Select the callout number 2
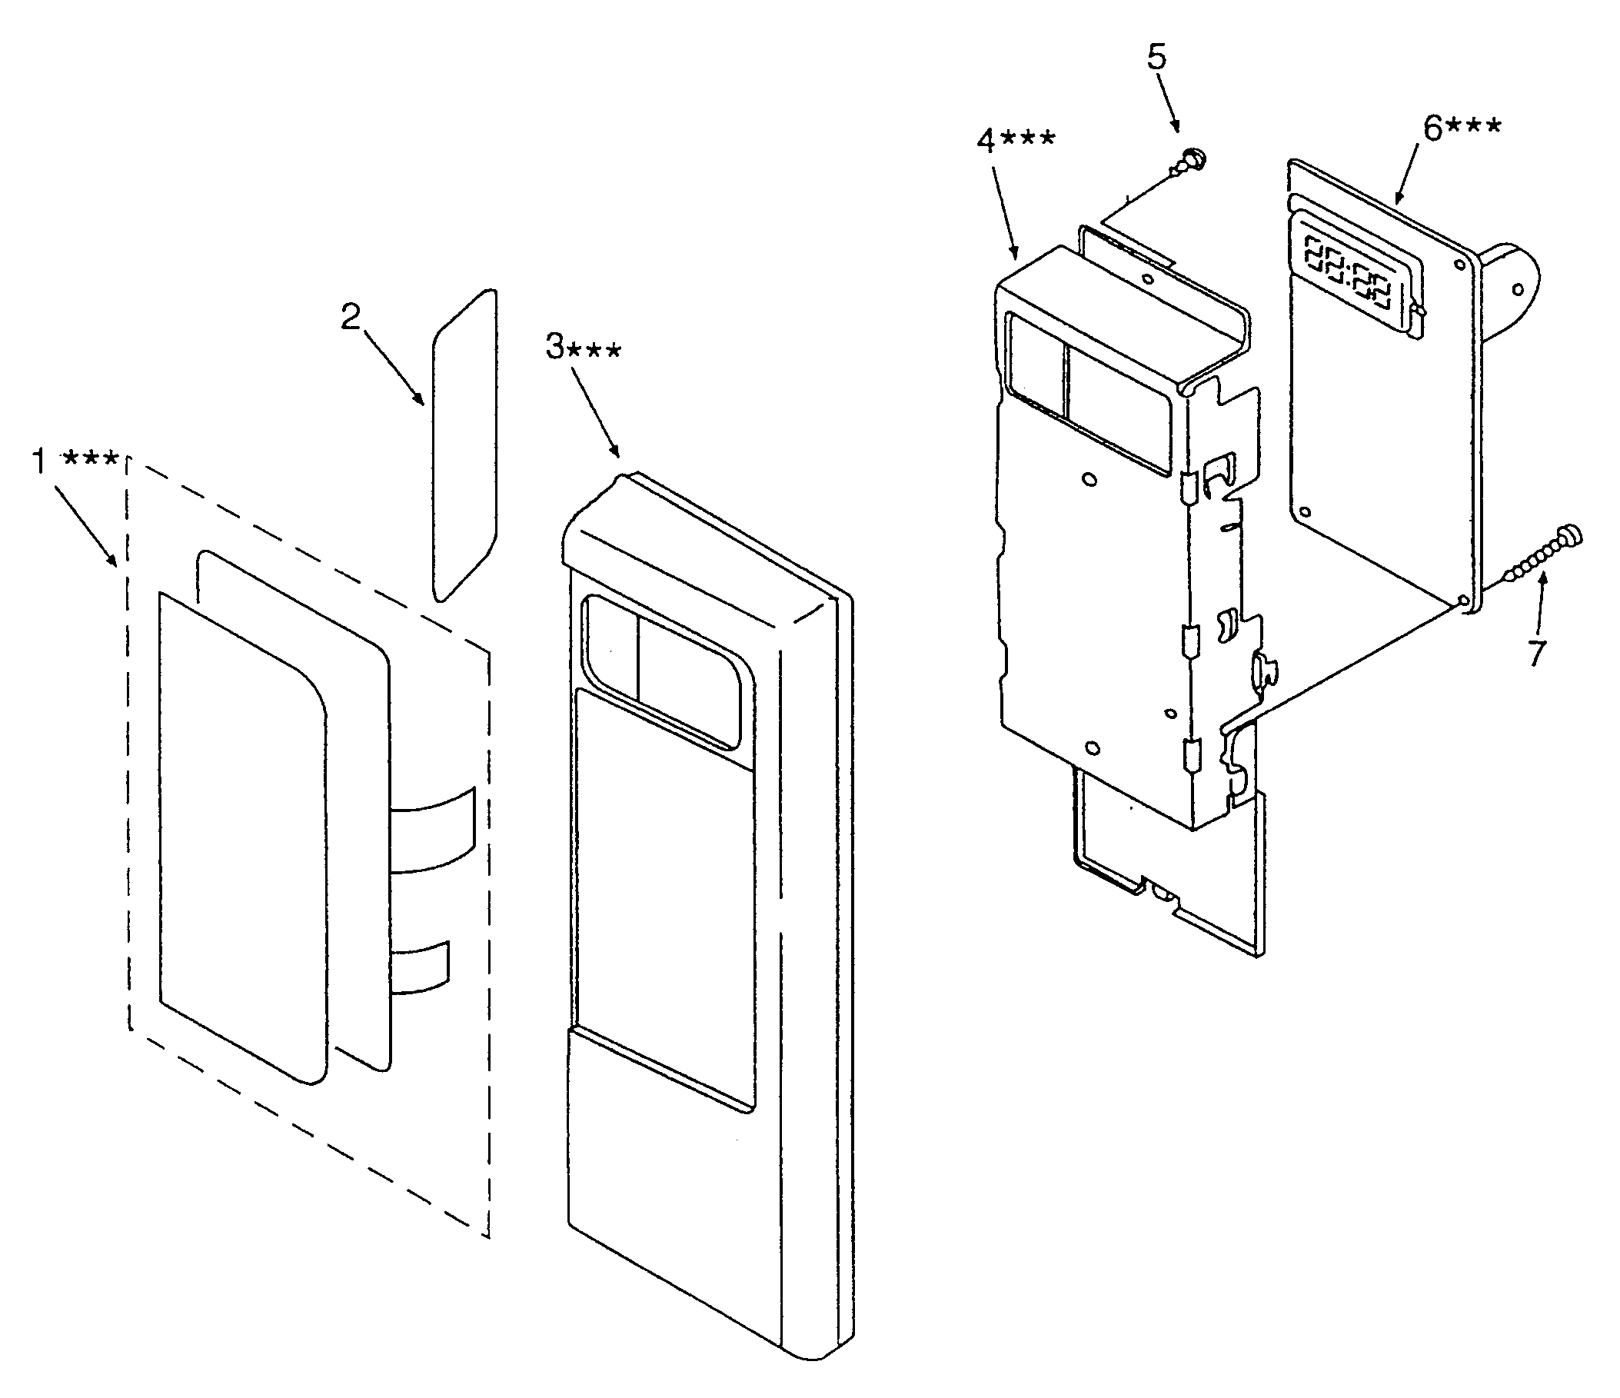pos(351,317)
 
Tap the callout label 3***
pos(584,347)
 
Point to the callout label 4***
pos(1016,141)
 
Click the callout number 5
pos(1156,57)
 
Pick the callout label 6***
pos(1462,128)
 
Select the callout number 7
pos(1538,651)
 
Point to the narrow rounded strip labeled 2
pos(464,446)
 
